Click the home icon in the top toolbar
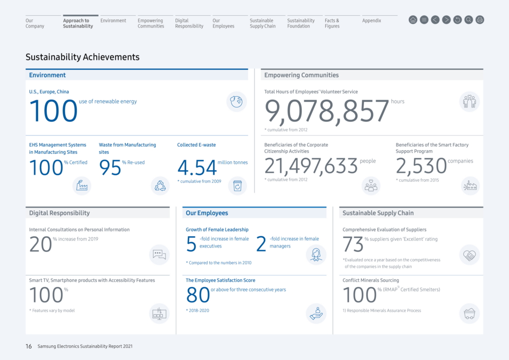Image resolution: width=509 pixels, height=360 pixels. click(413, 20)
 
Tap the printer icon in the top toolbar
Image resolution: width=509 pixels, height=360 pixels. click(480, 20)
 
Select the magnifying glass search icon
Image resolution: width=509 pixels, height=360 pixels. click(469, 20)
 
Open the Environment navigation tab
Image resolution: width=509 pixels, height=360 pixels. click(113, 20)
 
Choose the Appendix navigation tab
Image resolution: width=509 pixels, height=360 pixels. click(372, 20)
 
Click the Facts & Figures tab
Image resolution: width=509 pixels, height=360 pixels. click(332, 23)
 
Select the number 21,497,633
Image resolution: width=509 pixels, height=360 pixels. click(311, 166)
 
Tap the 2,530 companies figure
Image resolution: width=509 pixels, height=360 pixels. click(421, 166)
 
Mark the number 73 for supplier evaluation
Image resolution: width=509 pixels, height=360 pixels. click(353, 244)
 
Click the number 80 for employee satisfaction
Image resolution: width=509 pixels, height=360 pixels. click(198, 295)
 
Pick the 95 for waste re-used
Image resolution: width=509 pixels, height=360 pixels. click(110, 168)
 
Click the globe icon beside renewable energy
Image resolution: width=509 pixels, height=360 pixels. click(237, 102)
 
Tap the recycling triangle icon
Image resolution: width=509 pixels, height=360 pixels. click(160, 186)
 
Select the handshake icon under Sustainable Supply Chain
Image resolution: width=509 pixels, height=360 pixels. click(469, 255)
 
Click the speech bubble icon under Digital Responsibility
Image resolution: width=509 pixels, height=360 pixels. click(159, 255)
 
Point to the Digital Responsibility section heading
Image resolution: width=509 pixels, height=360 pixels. click(60, 213)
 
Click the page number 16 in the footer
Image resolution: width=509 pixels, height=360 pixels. click(29, 346)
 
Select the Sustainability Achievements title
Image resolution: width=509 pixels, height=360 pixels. click(82, 57)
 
